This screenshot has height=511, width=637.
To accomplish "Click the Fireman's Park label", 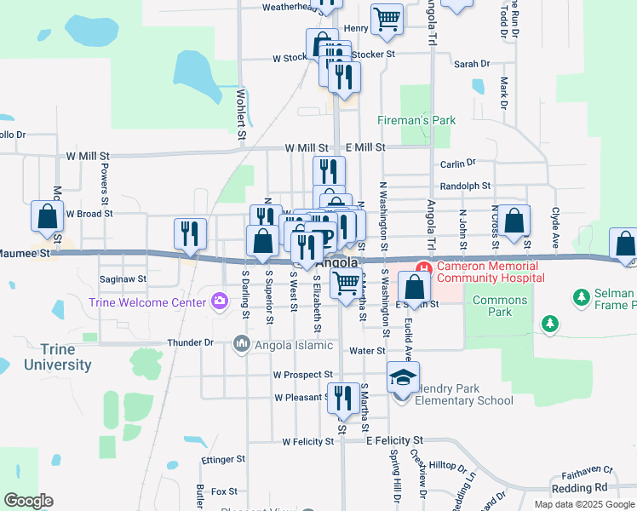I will (416, 121).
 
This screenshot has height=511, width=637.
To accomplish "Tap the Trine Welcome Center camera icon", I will (220, 301).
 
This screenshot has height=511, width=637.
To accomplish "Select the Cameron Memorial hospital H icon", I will (420, 267).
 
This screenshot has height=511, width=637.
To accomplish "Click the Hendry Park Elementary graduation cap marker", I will (404, 376).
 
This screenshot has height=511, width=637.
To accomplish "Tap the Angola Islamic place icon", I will (241, 344).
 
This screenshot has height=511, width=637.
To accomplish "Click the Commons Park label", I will (501, 306).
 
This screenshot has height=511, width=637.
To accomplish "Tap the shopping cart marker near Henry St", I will (387, 18).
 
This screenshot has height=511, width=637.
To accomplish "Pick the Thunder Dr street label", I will (190, 342).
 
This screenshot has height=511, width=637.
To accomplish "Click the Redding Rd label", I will (579, 487).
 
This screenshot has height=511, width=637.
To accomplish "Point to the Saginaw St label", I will (123, 278).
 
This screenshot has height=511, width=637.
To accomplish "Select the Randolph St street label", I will (465, 186).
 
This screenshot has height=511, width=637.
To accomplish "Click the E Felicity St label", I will (394, 439).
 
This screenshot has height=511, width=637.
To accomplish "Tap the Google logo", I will (28, 501).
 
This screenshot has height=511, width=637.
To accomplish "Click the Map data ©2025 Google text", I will (583, 504).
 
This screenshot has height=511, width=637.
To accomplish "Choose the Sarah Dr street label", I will (472, 64).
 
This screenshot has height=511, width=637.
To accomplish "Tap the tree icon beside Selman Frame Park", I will (582, 296).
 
